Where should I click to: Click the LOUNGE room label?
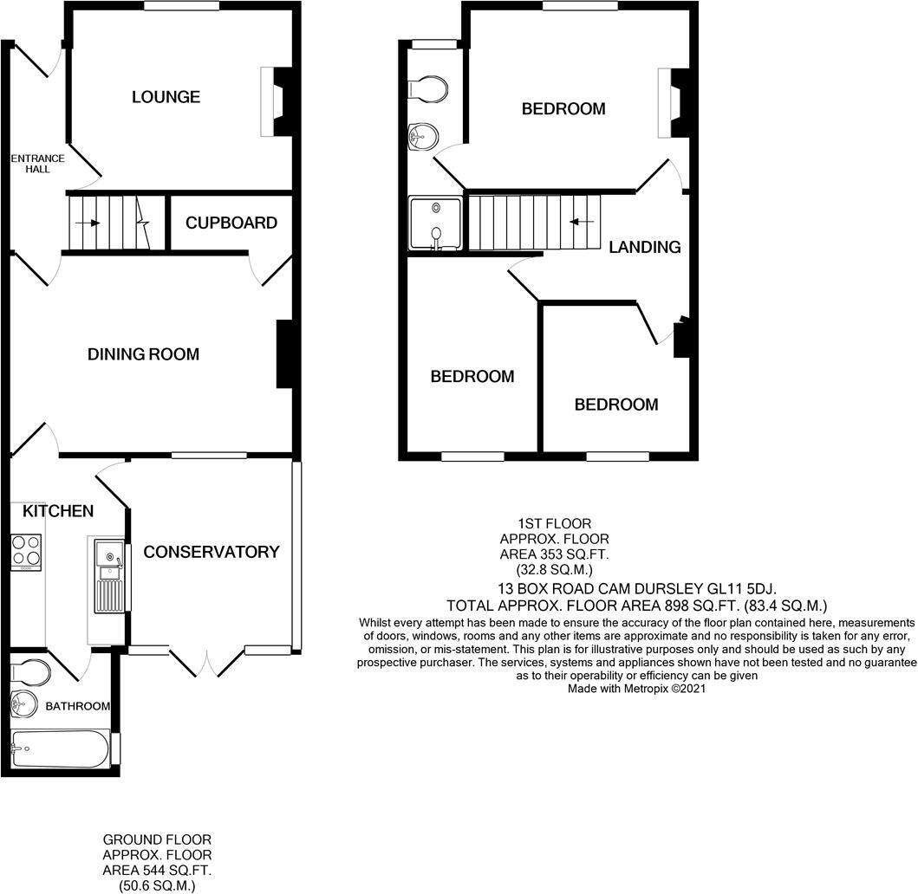166,97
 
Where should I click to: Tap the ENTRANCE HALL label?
37,164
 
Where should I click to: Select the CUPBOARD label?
231,223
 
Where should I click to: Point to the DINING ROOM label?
143,354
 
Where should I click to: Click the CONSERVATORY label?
212,552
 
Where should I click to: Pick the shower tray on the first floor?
435,224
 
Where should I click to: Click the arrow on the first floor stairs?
581,222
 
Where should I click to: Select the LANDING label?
644,247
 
